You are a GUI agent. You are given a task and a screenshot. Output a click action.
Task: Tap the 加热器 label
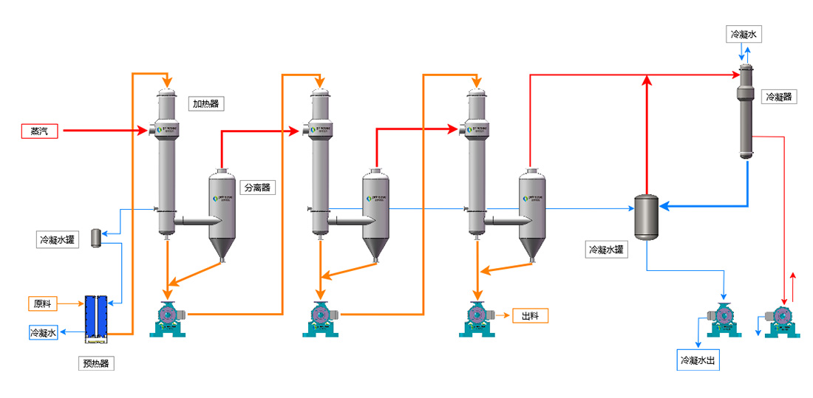205,104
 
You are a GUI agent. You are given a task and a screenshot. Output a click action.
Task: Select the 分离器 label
258,188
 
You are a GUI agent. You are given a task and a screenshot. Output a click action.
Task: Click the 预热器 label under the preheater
97,363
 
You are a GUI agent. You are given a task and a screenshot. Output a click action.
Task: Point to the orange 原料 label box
43,303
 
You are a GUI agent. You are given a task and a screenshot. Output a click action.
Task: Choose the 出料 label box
530,316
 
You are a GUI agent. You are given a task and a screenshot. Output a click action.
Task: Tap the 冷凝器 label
779,97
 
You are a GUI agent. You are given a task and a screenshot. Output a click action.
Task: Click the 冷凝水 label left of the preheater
43,332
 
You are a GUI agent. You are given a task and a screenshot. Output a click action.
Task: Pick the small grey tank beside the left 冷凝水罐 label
95,238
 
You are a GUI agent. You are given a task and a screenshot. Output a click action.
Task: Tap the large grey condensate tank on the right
647,216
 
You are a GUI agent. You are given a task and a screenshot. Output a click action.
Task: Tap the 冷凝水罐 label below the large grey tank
607,250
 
